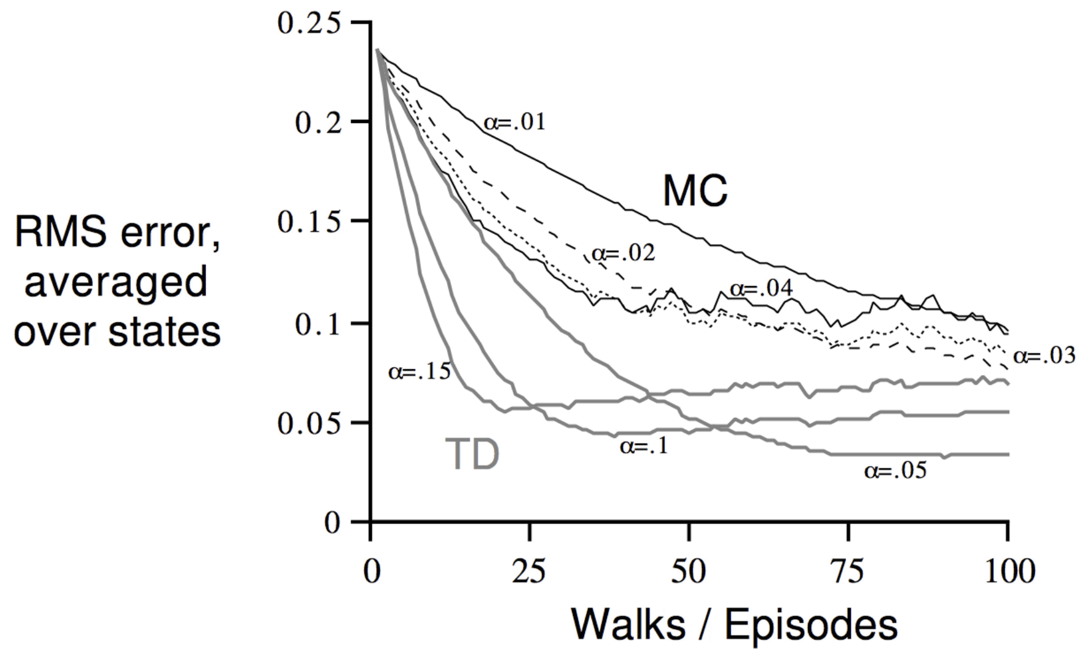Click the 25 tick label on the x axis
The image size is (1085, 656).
[529, 572]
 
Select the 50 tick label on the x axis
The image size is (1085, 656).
[689, 572]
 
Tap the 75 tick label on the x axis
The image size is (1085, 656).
[848, 572]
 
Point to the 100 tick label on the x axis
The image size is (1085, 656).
[1010, 572]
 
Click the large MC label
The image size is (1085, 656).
[695, 191]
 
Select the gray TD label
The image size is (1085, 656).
[472, 455]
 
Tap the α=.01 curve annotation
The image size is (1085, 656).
[514, 122]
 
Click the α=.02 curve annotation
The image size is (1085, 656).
[623, 252]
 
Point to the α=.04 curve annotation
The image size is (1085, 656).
[761, 288]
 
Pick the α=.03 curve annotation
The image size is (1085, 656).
[1044, 356]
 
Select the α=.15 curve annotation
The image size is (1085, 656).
[419, 371]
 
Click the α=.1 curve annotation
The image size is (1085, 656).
[644, 446]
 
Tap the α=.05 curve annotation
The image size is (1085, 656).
[895, 471]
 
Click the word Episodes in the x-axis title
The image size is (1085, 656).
[811, 625]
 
